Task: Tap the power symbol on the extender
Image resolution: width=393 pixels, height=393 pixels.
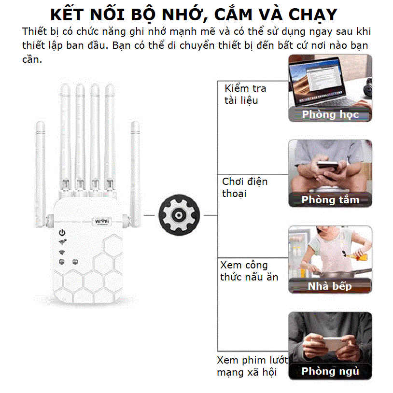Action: [62, 232]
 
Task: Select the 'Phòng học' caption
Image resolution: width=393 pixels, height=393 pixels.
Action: [330, 114]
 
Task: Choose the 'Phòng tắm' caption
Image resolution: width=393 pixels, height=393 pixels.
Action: [330, 200]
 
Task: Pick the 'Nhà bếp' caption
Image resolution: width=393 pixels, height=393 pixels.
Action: [330, 286]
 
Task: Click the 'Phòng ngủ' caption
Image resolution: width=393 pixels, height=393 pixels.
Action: [330, 371]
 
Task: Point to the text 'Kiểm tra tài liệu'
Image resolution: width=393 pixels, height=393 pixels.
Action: [245, 95]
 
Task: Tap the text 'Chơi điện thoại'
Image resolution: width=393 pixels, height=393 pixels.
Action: [244, 187]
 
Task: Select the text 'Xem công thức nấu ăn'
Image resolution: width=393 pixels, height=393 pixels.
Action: [249, 271]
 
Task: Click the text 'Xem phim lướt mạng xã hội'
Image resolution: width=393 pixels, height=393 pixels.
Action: [252, 366]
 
